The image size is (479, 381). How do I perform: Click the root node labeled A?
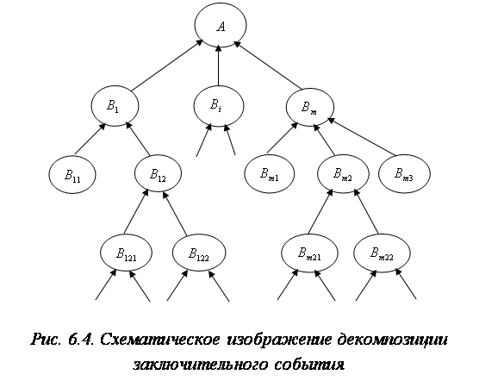[221, 26]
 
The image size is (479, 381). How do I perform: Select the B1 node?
[115, 106]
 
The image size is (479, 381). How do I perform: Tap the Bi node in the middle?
[219, 106]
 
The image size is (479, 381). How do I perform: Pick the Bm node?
[310, 107]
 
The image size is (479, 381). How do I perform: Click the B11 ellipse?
[72, 174]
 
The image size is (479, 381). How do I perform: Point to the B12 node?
[158, 174]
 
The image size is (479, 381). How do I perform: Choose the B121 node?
[126, 253]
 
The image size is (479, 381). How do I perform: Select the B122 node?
[199, 253]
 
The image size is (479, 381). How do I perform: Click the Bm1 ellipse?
[270, 174]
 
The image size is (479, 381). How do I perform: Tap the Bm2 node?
[343, 174]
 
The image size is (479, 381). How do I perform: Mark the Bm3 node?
[404, 174]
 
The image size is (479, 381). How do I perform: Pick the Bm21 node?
[309, 253]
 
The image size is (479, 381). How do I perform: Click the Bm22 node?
[382, 253]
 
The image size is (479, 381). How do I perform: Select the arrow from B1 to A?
[167, 65]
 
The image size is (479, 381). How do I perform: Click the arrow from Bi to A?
[219, 65]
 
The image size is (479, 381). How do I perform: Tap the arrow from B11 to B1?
[90, 139]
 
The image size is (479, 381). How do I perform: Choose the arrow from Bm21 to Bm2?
[320, 211]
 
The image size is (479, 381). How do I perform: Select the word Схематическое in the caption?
[159, 340]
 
